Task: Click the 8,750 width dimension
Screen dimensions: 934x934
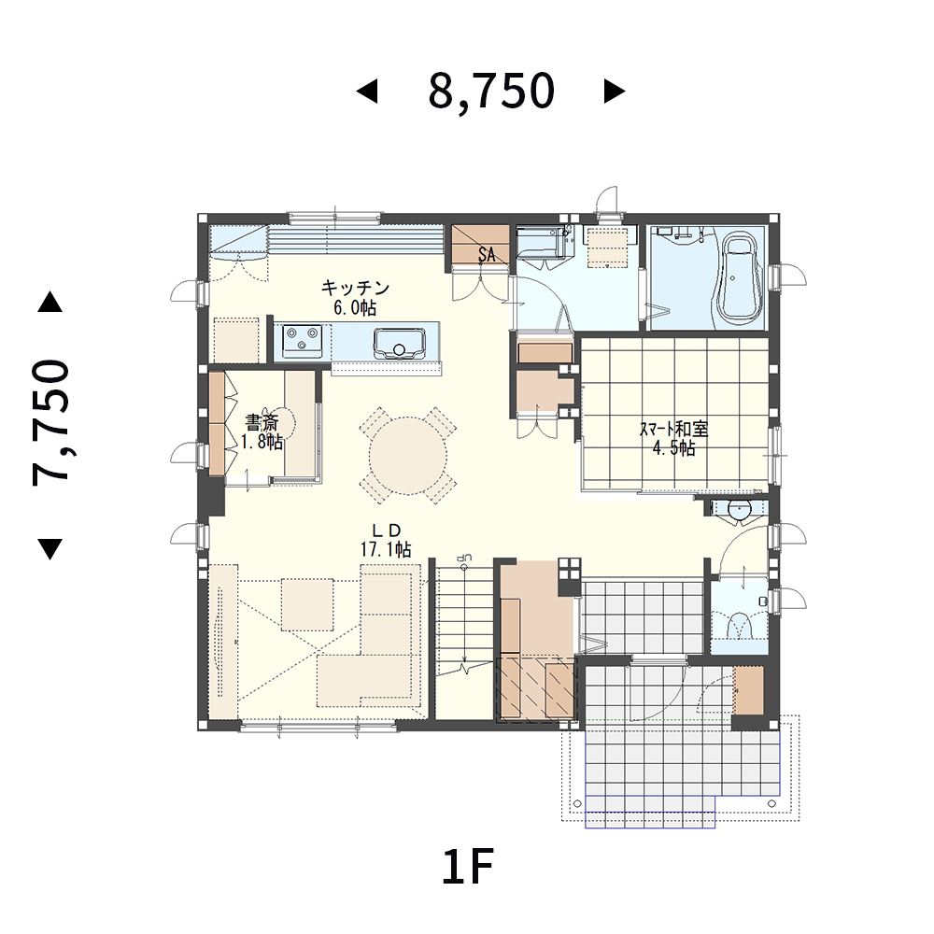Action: point(491,92)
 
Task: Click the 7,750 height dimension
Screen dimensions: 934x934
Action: point(51,423)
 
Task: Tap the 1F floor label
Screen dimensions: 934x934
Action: point(468,868)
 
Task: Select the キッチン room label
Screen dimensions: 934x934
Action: point(355,289)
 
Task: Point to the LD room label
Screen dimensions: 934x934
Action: point(386,531)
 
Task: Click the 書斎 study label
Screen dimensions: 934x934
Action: point(262,423)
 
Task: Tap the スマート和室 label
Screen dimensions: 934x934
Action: point(673,429)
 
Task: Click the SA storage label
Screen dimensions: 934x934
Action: point(487,254)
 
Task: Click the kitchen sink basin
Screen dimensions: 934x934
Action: point(399,344)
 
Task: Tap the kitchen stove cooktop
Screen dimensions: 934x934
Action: point(302,341)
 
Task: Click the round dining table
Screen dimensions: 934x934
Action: point(408,456)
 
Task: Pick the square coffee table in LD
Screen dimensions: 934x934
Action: point(307,604)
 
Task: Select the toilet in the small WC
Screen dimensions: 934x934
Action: point(740,628)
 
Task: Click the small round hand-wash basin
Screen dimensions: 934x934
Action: point(739,510)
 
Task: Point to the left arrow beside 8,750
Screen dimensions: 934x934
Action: point(367,92)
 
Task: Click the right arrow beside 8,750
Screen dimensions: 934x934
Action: point(615,92)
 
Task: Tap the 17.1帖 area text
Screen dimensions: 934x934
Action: point(386,549)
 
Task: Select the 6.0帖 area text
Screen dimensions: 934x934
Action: point(355,308)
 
